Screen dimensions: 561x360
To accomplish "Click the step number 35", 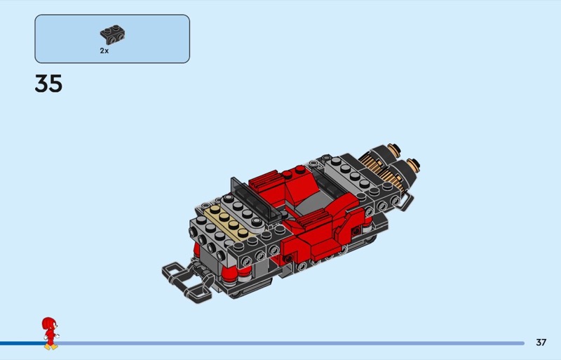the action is [x=48, y=84].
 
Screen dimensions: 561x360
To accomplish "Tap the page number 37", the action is [x=541, y=342].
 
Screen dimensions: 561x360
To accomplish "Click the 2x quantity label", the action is [x=104, y=51].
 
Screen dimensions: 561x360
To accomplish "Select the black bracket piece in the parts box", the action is [x=112, y=35].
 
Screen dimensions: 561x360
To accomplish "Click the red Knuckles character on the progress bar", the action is [x=50, y=333].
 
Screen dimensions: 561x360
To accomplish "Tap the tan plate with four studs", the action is [x=229, y=221].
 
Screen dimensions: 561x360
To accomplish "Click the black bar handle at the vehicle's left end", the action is [x=186, y=281].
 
